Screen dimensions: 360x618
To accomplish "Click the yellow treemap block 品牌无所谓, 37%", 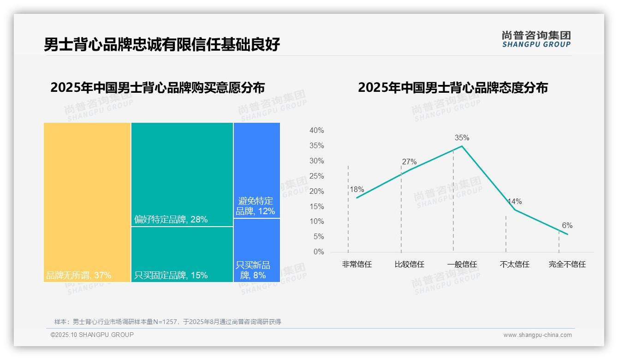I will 87,202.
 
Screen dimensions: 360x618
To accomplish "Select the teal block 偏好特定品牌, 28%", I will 182,174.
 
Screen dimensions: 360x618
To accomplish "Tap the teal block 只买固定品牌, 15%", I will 182,254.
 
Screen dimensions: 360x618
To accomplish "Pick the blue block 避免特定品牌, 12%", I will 256,170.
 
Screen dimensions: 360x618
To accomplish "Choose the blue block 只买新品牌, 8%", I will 256,250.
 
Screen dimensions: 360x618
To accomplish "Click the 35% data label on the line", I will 462,138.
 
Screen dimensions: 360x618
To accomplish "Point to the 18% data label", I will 357,189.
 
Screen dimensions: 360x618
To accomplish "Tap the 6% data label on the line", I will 567,225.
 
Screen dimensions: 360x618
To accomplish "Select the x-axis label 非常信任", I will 357,264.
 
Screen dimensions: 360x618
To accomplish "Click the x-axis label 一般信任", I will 462,264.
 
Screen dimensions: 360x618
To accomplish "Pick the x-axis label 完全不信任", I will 567,264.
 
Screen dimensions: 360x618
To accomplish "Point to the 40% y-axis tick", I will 316,131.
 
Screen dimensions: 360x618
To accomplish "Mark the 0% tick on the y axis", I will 319,252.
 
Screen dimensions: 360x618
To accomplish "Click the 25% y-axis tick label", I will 316,176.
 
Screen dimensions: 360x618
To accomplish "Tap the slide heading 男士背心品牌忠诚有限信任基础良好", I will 162,45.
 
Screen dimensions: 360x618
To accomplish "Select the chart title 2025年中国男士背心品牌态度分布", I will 452,88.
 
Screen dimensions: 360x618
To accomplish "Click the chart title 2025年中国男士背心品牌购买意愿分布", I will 157,88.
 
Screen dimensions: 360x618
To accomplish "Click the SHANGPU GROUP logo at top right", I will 536,39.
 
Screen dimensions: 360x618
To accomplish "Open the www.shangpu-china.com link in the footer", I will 537,335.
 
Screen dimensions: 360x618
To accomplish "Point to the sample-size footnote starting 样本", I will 167,322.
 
